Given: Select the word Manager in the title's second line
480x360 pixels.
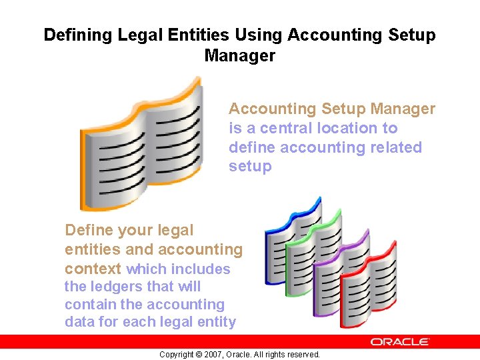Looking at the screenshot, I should tap(239, 56).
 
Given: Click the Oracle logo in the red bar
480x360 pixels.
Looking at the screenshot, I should tap(400, 342).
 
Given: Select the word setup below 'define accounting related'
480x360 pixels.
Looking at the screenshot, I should tap(250, 167).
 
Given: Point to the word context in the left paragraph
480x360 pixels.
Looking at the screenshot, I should tap(93, 269).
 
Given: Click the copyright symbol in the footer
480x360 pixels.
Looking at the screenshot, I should tap(199, 355).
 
